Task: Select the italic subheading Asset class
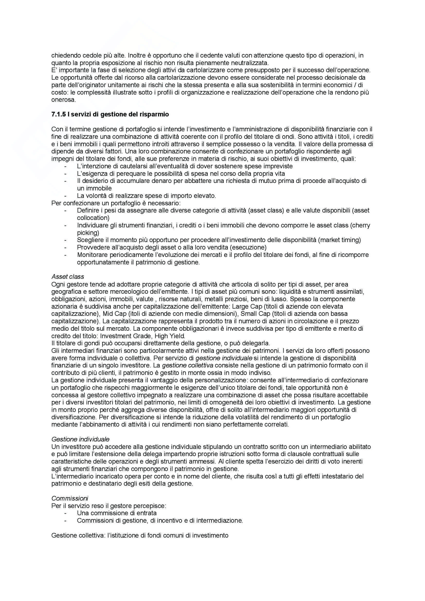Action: tap(68, 276)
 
